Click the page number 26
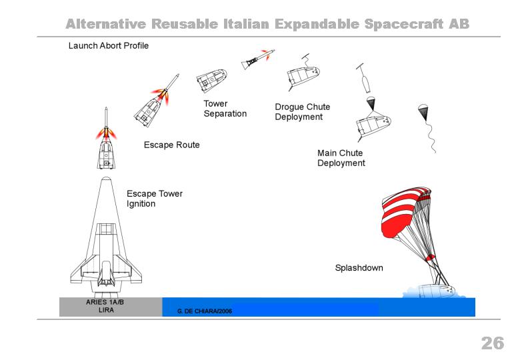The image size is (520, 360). (493, 343)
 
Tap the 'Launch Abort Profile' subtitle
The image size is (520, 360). (109, 46)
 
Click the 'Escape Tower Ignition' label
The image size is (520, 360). (155, 199)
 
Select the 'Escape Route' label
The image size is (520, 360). (172, 145)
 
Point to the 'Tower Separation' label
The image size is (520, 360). (225, 109)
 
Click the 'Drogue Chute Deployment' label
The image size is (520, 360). (303, 112)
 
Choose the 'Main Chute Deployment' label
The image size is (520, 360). (341, 158)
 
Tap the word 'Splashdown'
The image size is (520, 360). (359, 268)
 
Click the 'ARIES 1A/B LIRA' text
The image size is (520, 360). (105, 306)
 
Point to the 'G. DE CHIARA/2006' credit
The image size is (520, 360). (205, 311)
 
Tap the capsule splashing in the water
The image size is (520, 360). (435, 291)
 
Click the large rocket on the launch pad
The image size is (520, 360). (106, 237)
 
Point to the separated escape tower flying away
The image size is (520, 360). (258, 60)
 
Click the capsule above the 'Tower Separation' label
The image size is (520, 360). (211, 80)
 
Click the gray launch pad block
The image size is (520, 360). (111, 307)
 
